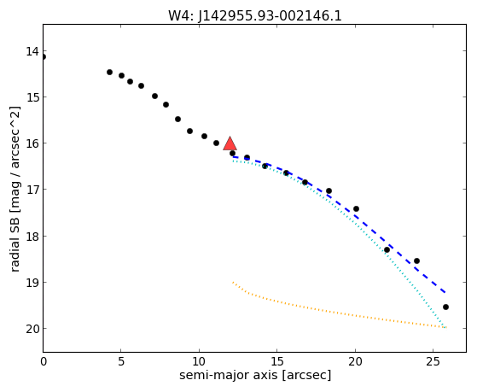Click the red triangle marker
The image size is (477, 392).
(x=230, y=143)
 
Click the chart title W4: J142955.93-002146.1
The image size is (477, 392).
(x=255, y=15)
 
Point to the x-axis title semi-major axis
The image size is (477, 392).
(x=255, y=375)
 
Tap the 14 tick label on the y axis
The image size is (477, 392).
(x=32, y=51)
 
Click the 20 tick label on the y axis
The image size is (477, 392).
(x=32, y=329)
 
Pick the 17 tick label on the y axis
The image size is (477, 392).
(x=32, y=190)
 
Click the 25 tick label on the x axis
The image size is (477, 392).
(x=433, y=361)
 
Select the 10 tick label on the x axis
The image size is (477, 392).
(x=199, y=361)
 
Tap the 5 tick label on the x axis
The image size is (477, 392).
(x=121, y=361)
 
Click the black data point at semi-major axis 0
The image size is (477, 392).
(x=44, y=57)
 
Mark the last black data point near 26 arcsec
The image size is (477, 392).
(x=445, y=307)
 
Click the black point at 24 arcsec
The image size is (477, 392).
(x=416, y=261)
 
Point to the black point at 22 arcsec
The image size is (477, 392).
(x=387, y=249)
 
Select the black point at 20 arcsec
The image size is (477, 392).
(x=356, y=209)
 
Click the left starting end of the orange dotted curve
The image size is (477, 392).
(x=233, y=283)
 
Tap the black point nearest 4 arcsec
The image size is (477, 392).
(x=109, y=73)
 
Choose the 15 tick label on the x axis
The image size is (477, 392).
(x=276, y=361)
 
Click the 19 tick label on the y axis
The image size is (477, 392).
(x=32, y=283)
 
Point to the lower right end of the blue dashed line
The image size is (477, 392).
(x=445, y=293)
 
